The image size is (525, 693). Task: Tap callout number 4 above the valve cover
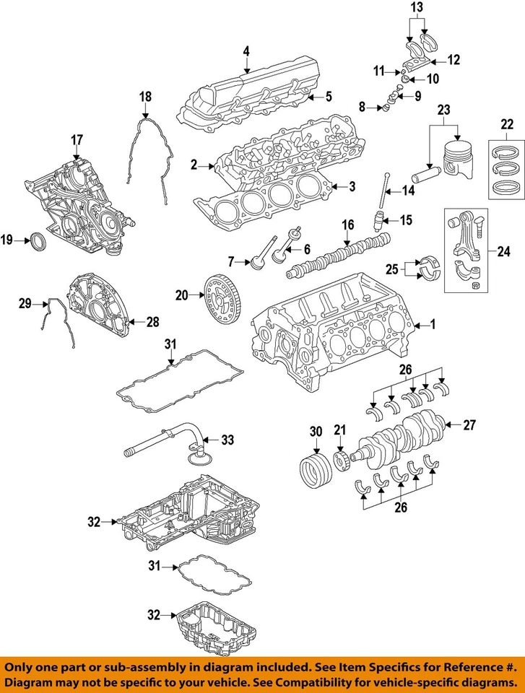click(246, 51)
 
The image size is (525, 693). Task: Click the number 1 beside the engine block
click(433, 325)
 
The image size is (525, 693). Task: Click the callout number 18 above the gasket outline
click(145, 96)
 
